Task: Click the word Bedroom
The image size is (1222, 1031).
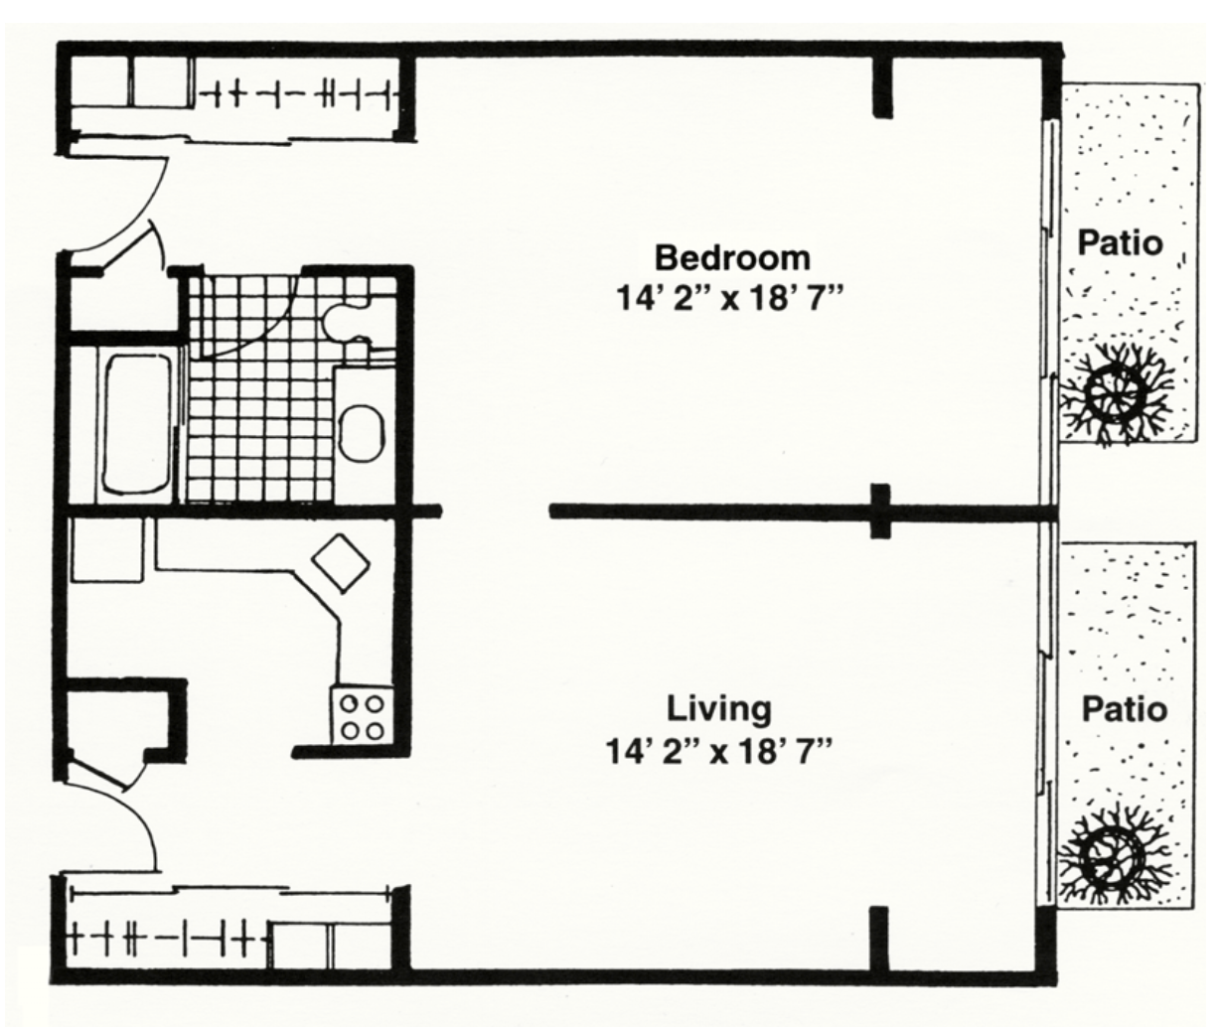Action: click(732, 258)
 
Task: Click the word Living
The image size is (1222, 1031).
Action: click(719, 708)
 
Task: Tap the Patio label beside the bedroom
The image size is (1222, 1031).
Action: click(1121, 243)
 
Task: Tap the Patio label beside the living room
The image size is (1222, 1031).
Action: click(1125, 709)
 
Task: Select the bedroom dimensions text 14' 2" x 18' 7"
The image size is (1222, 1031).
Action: click(731, 300)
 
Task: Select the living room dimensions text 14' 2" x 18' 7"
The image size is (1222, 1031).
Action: click(719, 751)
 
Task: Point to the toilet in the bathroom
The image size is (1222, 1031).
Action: click(348, 321)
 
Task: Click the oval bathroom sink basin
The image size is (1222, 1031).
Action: click(361, 434)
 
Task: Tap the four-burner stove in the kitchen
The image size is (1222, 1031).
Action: click(362, 715)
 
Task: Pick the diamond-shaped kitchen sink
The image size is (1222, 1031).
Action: click(341, 562)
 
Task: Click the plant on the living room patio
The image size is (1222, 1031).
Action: click(1112, 858)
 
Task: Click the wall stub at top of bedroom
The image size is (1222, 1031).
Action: click(882, 86)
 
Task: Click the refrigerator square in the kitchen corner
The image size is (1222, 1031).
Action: click(107, 549)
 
